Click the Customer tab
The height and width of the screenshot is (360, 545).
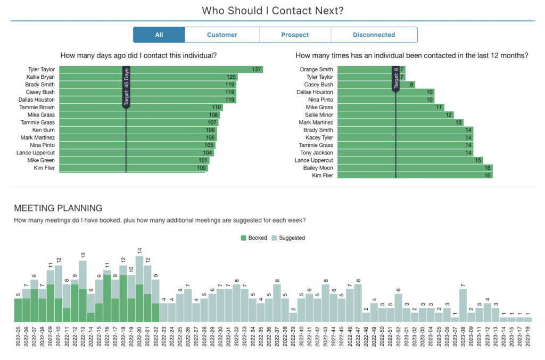tap(222, 35)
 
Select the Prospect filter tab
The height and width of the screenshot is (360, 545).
tap(295, 35)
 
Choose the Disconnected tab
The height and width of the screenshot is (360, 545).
tap(374, 35)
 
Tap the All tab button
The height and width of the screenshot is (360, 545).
tap(159, 35)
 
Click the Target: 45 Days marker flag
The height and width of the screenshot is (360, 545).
tap(126, 88)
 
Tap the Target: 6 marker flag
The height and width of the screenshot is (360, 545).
tap(395, 79)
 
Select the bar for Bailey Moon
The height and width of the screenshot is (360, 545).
tap(415, 168)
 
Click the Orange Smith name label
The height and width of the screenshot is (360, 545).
tap(316, 70)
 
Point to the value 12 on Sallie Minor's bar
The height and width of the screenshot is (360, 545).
tap(449, 115)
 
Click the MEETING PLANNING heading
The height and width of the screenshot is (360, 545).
tap(58, 208)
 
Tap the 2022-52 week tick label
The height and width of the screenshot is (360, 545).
tap(398, 337)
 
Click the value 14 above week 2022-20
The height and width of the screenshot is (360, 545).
tap(139, 250)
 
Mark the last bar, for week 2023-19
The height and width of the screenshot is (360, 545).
tap(527, 320)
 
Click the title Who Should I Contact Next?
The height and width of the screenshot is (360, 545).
tap(272, 11)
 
